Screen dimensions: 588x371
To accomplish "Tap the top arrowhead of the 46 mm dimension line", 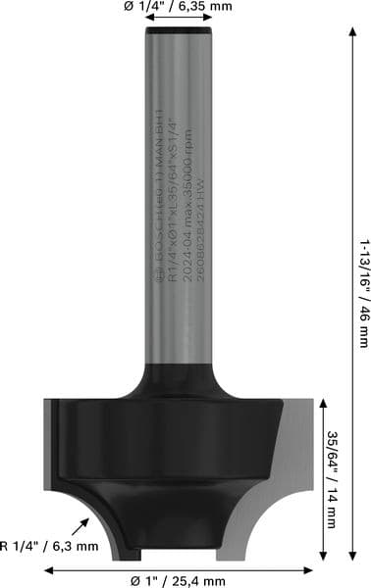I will pos(351,28).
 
